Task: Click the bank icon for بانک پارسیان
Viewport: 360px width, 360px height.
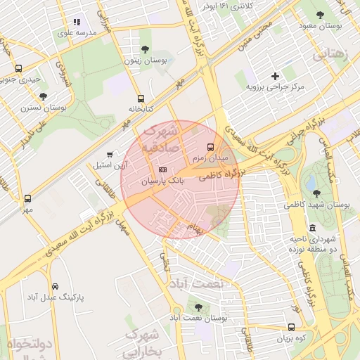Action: click(163, 169)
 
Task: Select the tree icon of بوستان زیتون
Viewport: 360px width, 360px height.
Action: click(145, 49)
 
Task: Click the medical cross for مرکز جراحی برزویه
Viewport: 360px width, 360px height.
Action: click(275, 75)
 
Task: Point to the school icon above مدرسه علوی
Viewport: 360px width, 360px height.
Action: click(77, 22)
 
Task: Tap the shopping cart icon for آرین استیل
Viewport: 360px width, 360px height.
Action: click(109, 154)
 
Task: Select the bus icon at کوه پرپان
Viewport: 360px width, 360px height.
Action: click(291, 327)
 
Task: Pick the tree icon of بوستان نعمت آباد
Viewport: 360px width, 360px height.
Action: click(198, 307)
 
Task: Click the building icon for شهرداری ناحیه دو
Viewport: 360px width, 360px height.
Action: click(312, 228)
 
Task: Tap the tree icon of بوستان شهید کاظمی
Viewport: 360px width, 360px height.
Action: click(316, 193)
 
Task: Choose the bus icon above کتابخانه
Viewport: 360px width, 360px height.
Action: click(141, 98)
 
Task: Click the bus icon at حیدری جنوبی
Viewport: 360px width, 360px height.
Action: click(18, 68)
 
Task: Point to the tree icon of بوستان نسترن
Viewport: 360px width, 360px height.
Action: click(43, 96)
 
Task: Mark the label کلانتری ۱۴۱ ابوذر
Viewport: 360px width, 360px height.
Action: click(226, 6)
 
